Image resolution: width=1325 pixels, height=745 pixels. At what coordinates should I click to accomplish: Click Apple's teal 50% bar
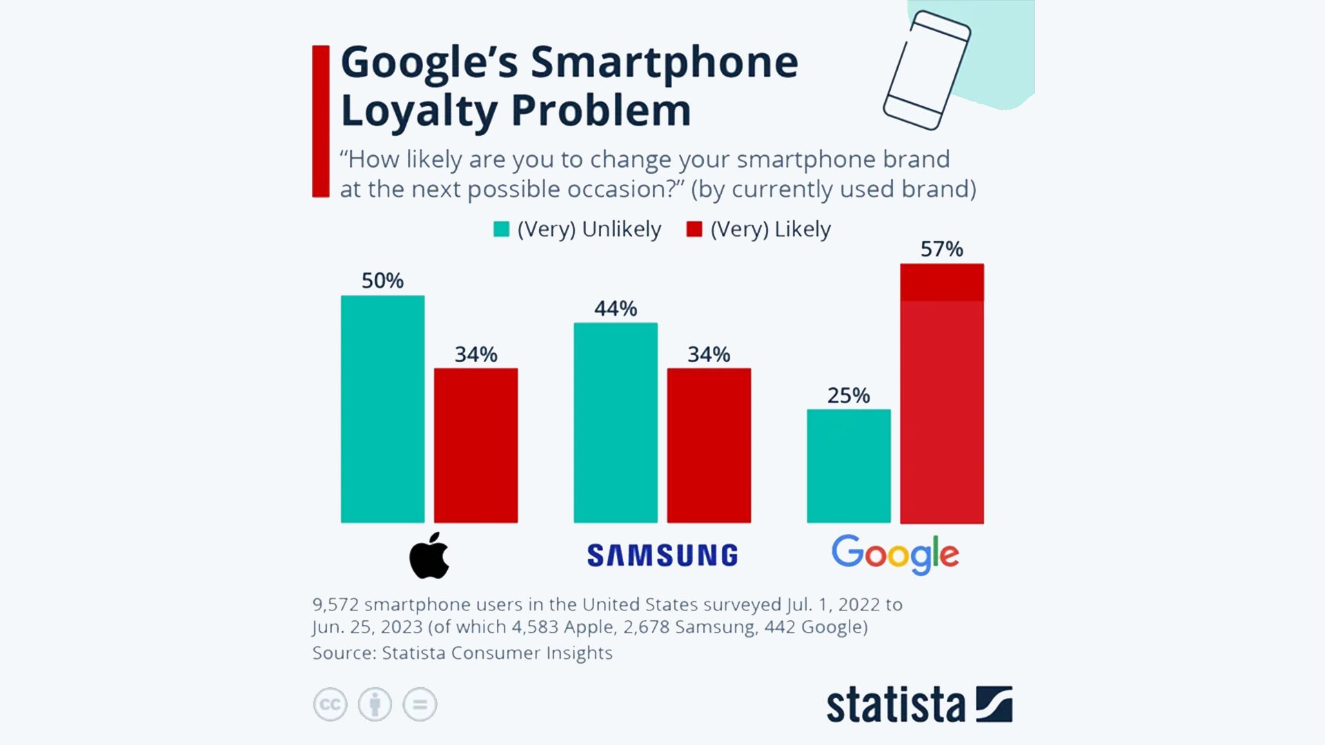click(382, 409)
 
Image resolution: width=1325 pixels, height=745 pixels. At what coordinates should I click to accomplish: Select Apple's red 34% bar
click(475, 446)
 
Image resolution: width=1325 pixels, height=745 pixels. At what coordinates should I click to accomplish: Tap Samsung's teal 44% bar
click(616, 423)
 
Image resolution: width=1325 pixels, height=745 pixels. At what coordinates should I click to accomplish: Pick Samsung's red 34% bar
click(709, 446)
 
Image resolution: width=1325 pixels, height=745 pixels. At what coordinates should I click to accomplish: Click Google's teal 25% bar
click(848, 466)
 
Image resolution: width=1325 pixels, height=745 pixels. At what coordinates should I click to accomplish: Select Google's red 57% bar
click(942, 394)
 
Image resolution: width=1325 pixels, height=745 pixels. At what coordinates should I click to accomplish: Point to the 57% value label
click(941, 249)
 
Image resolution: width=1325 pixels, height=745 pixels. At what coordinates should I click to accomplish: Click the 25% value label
click(848, 395)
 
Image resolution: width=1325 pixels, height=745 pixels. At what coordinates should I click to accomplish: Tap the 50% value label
click(382, 281)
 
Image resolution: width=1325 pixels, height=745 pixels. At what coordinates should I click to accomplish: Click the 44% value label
click(616, 308)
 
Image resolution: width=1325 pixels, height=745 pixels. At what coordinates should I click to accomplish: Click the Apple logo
click(429, 556)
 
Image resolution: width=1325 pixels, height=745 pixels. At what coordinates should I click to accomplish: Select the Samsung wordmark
click(662, 555)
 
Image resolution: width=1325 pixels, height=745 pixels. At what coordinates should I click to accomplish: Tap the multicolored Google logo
click(895, 554)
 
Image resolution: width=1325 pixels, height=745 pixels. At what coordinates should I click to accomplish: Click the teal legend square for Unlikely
click(502, 229)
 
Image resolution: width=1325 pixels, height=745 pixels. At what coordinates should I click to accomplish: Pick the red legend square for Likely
click(694, 229)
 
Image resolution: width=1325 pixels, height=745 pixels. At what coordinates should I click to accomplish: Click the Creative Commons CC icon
click(330, 704)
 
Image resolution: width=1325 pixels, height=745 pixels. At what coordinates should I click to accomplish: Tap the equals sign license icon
click(420, 704)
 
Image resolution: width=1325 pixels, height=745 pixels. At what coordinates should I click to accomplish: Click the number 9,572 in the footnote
click(335, 605)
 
